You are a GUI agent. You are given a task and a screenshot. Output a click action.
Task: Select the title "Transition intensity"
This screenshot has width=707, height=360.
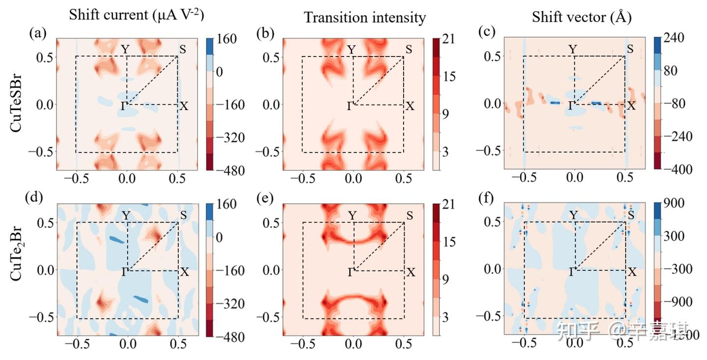[364, 18]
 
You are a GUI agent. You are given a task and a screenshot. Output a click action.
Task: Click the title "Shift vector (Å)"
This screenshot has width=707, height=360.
[581, 18]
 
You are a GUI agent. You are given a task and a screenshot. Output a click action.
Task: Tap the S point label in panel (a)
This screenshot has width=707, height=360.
[182, 50]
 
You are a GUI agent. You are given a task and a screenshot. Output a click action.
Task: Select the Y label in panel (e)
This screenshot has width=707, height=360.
[352, 215]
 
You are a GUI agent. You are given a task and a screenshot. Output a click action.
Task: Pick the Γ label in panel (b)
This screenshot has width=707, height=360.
[349, 106]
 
